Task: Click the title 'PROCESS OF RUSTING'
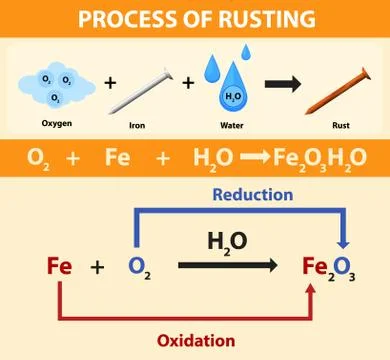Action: (195, 19)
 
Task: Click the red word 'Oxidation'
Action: (196, 340)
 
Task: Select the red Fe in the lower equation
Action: (59, 267)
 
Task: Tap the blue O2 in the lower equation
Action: (139, 268)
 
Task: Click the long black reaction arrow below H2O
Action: (229, 266)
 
